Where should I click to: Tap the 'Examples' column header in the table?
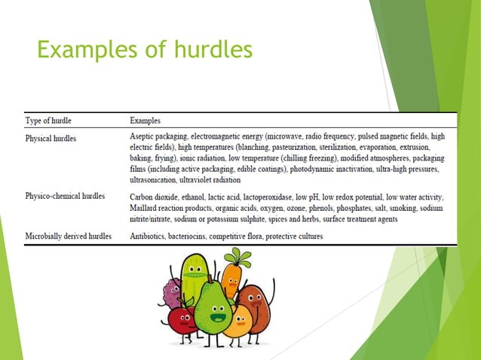tap(145, 120)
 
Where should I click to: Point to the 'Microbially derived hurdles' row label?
tap(69, 236)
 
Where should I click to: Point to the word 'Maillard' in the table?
tap(147, 207)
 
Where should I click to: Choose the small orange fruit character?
tap(237, 322)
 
